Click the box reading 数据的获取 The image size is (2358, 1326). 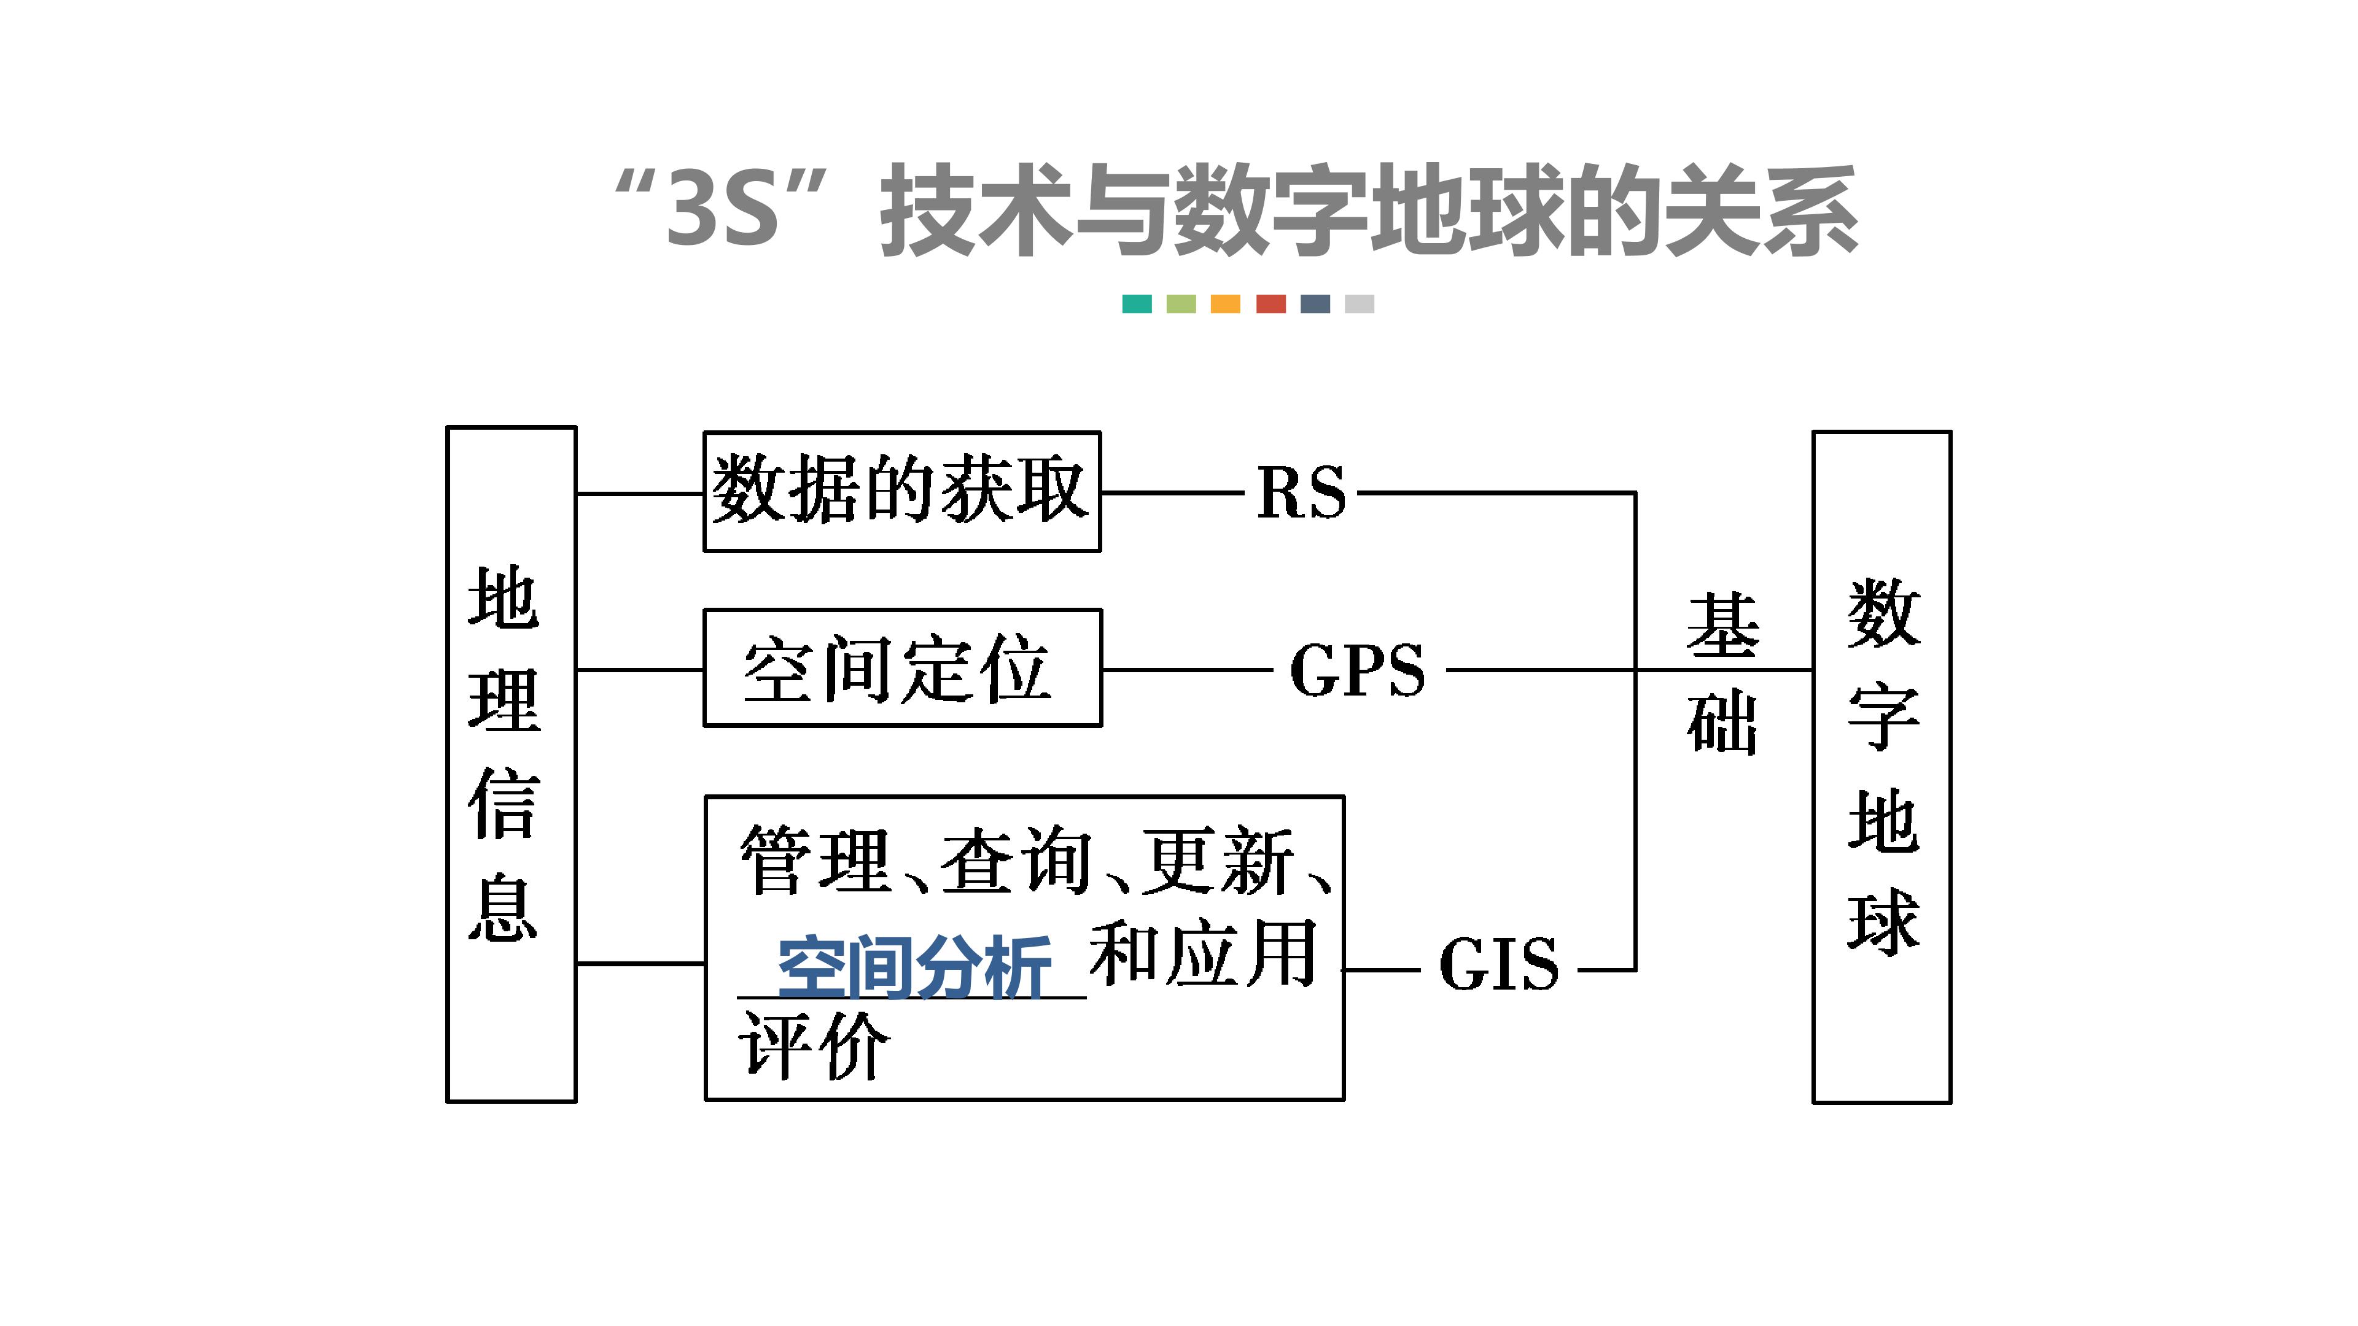coord(901,491)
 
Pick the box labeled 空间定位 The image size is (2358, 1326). coord(901,668)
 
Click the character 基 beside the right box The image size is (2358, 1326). coord(1722,627)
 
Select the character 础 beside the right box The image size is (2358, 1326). coord(1722,723)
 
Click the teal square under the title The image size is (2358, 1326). coord(1137,304)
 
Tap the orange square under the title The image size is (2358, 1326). coord(1225,304)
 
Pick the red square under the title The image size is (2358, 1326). coord(1270,304)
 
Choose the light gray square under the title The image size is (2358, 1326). coord(1360,304)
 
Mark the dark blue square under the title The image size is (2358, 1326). coord(1315,304)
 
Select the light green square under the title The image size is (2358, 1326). coord(1181,304)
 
